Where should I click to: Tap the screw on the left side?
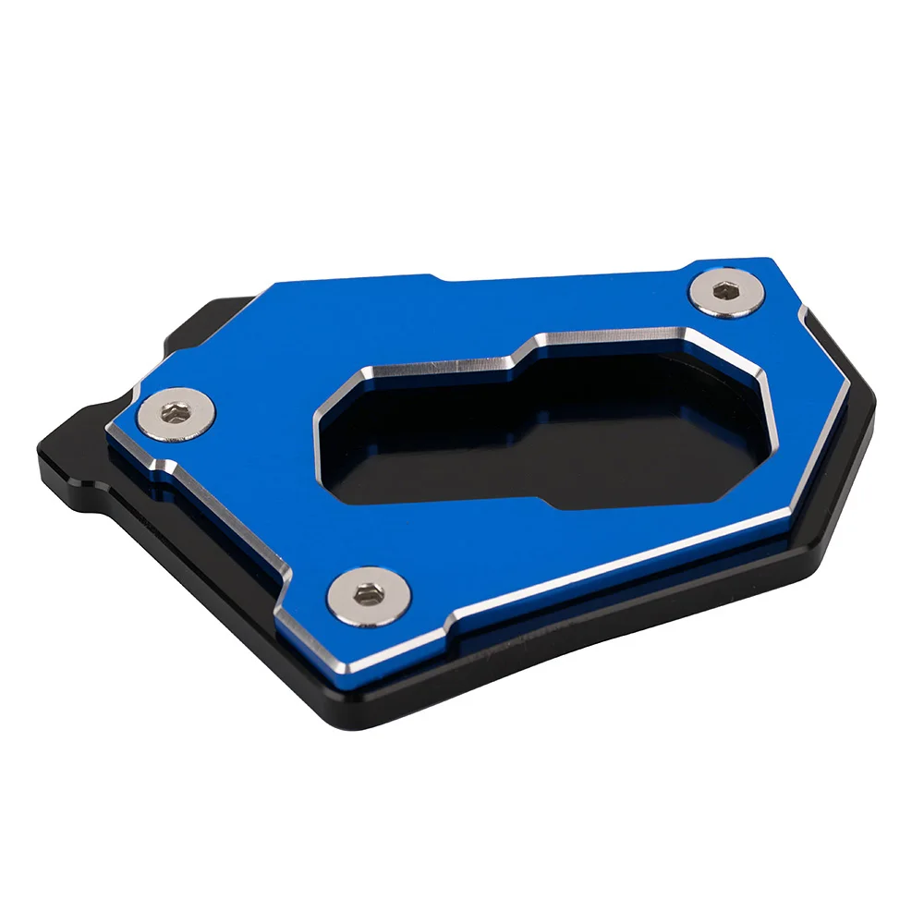click(178, 416)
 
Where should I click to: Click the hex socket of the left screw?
click(178, 415)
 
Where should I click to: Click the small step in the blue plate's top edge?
click(434, 276)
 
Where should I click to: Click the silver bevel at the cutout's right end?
click(762, 388)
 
